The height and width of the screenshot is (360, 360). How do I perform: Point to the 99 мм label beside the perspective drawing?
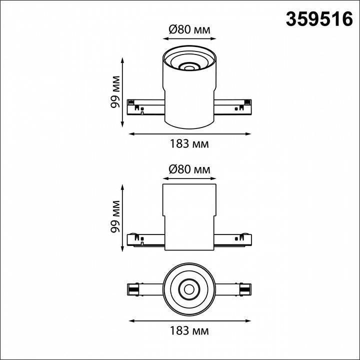coord(116,92)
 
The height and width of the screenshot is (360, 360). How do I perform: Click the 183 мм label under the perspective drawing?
coord(189,144)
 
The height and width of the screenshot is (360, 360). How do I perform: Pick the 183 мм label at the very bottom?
coord(189,331)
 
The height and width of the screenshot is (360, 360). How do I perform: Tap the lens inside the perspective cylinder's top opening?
coord(189,65)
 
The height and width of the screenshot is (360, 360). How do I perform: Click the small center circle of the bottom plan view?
coord(189,288)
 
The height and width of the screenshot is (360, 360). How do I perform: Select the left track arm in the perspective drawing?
coord(145,107)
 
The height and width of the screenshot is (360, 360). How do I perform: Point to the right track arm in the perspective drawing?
coord(233,107)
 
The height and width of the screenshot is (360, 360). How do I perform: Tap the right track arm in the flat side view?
coord(233,240)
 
